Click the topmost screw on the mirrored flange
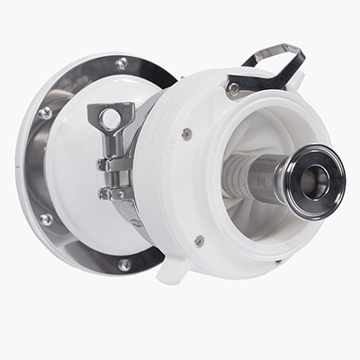[121, 63]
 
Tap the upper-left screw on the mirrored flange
[46, 112]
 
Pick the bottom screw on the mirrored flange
[124, 265]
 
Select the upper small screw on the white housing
[186, 134]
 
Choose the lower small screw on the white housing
[199, 240]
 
